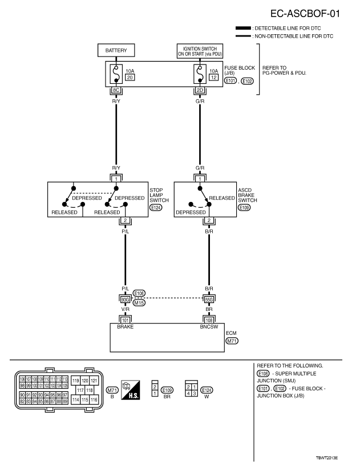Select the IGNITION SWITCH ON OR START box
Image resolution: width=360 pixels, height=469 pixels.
(199, 51)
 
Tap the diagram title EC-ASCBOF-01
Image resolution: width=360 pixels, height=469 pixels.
(306, 13)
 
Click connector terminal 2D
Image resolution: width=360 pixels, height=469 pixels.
(200, 90)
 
